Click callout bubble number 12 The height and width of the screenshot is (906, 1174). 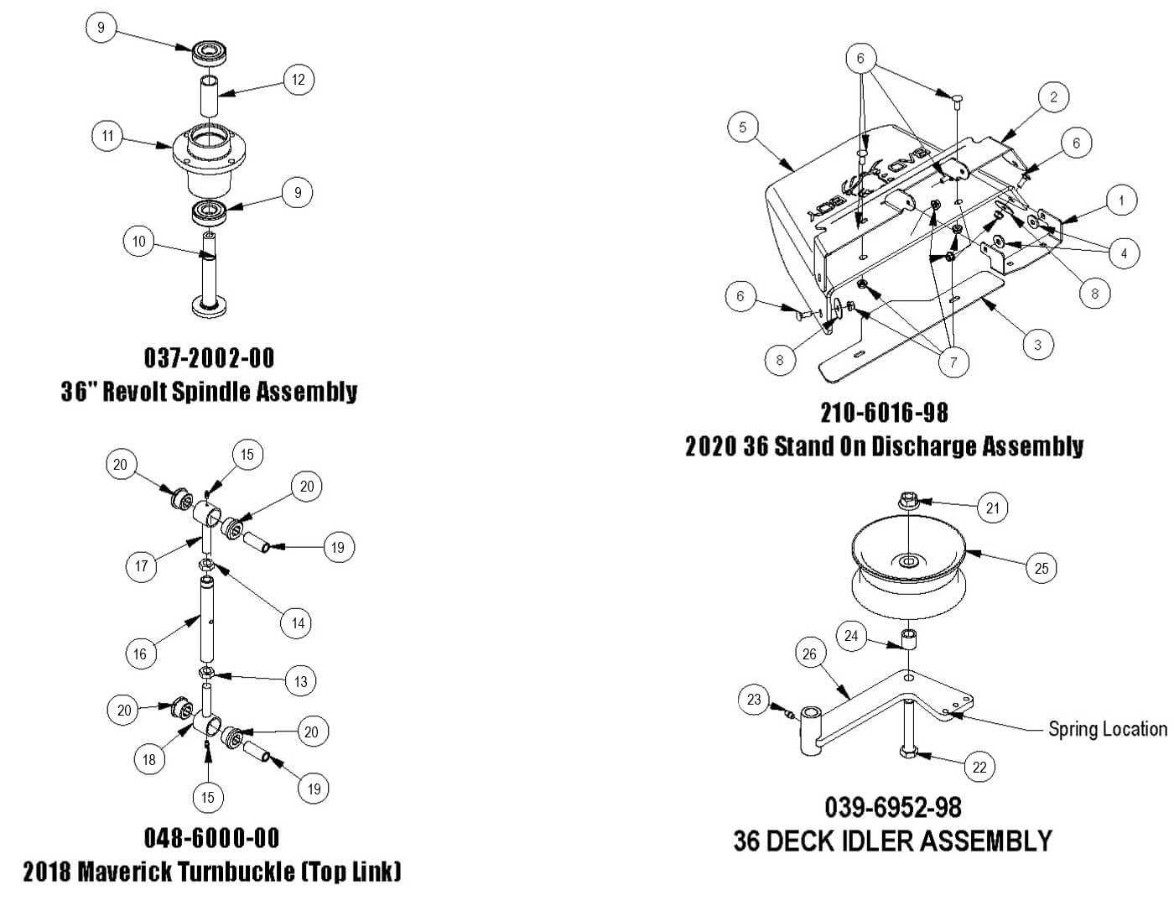pyautogui.click(x=299, y=81)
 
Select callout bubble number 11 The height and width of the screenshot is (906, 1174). pyautogui.click(x=107, y=136)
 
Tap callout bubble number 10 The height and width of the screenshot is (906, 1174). pyautogui.click(x=139, y=242)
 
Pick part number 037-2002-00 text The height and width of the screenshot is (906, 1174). pyautogui.click(x=210, y=358)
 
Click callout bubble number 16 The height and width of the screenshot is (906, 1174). pyautogui.click(x=140, y=653)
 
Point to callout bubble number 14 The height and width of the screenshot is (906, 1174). pyautogui.click(x=298, y=622)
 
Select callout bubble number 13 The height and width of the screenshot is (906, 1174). pyautogui.click(x=300, y=681)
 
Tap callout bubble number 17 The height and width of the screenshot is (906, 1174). pyautogui.click(x=142, y=566)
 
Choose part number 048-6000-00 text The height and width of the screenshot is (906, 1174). pyautogui.click(x=211, y=837)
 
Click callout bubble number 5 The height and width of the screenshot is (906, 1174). pyautogui.click(x=743, y=128)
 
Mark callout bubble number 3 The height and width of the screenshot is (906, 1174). pyautogui.click(x=1038, y=344)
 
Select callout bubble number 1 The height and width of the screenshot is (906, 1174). pyautogui.click(x=1122, y=200)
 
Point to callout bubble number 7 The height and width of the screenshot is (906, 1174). pyautogui.click(x=953, y=362)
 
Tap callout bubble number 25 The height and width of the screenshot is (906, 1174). pyautogui.click(x=1042, y=568)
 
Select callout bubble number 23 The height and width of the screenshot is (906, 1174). pyautogui.click(x=754, y=700)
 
